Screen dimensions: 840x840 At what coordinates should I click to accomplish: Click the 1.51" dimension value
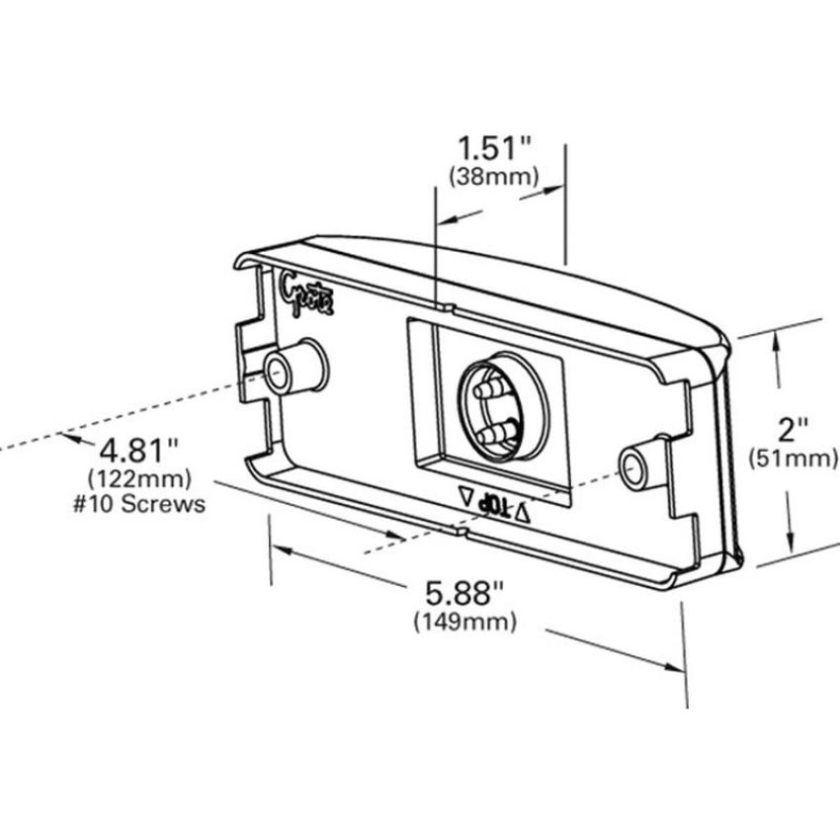pyautogui.click(x=493, y=148)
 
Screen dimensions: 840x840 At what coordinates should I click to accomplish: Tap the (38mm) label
pyautogui.click(x=493, y=176)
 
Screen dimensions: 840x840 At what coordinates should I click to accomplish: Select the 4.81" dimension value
pyautogui.click(x=138, y=450)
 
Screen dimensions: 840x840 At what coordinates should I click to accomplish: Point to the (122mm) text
pyautogui.click(x=138, y=478)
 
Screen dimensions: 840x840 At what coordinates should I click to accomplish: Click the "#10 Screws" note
pyautogui.click(x=138, y=504)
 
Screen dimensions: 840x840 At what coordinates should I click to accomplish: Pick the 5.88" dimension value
pyautogui.click(x=464, y=593)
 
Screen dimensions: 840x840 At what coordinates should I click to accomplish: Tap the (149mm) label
pyautogui.click(x=464, y=622)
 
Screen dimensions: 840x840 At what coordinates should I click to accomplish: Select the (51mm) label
pyautogui.click(x=793, y=458)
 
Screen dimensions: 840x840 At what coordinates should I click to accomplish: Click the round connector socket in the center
pyautogui.click(x=502, y=406)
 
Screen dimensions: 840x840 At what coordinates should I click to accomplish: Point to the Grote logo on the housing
pyautogui.click(x=306, y=294)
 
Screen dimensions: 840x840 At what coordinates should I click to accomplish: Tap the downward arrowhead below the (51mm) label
pyautogui.click(x=792, y=538)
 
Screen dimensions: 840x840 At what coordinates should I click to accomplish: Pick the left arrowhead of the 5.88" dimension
pyautogui.click(x=283, y=549)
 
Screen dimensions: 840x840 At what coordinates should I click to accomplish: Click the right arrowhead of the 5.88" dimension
pyautogui.click(x=673, y=667)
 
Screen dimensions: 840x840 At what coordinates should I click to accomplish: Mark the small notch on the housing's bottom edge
pyautogui.click(x=461, y=532)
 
